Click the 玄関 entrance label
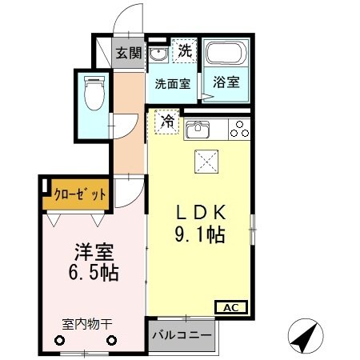(128, 54)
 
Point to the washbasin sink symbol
(159, 54)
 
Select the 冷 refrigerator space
(167, 121)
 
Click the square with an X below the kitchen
(207, 162)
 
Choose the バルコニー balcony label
(182, 335)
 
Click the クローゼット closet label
(80, 193)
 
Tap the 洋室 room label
(90, 250)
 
